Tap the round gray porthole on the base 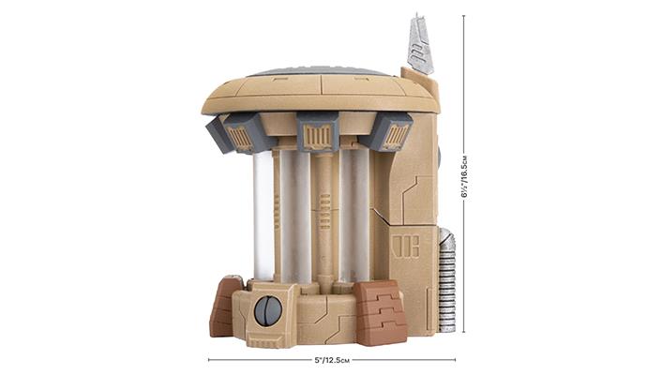click(x=268, y=309)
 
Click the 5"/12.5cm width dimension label click(x=332, y=360)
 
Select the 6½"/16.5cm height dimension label click(x=464, y=176)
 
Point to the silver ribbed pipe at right click(x=446, y=279)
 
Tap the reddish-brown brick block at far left click(x=225, y=307)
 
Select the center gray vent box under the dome click(x=317, y=131)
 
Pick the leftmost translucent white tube click(x=263, y=215)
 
